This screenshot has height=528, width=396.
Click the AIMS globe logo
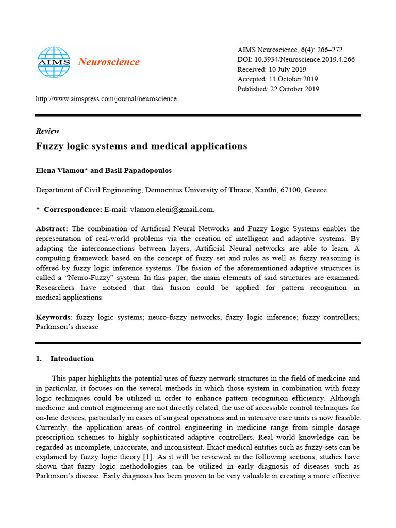tap(54, 62)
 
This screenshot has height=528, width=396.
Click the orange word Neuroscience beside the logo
tap(109, 62)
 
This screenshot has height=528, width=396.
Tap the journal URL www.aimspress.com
tap(106, 98)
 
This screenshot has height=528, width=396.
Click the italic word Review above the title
tap(47, 131)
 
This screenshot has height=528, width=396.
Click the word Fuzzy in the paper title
tap(49, 146)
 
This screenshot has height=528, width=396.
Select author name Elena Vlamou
tap(61, 170)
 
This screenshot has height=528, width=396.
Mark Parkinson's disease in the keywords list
tap(67, 327)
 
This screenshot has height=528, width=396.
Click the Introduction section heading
tap(72, 359)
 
